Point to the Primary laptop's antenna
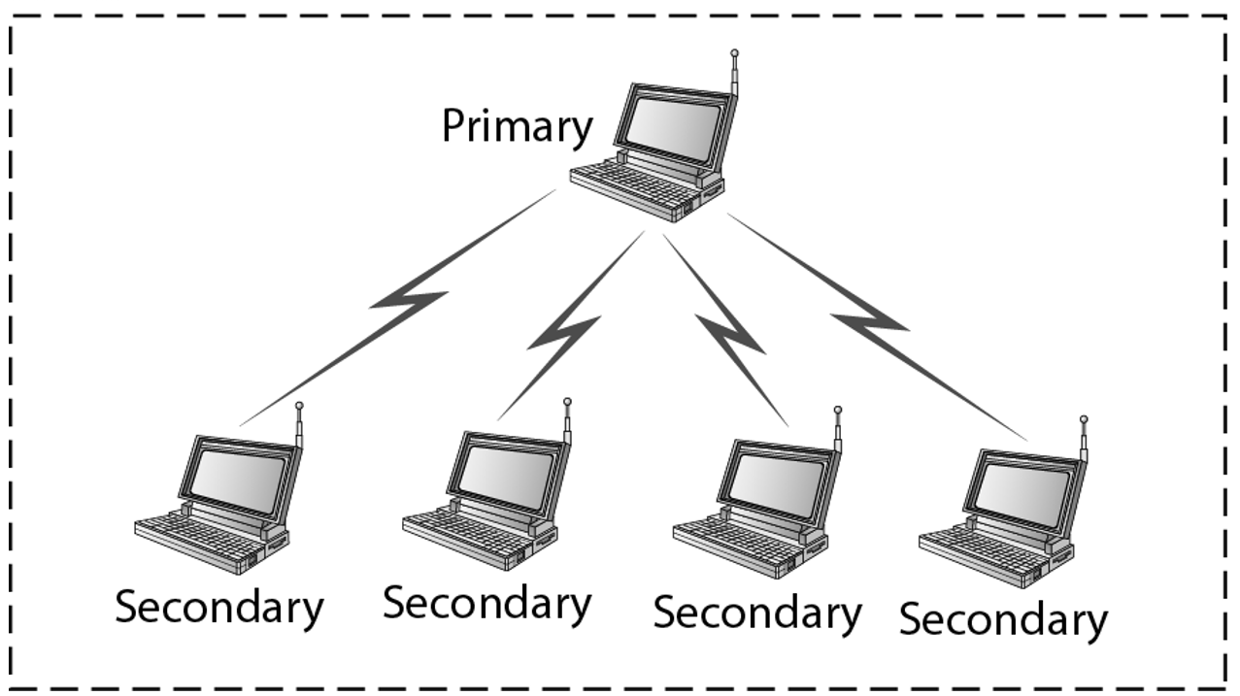pos(735,74)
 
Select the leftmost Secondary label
pos(219,609)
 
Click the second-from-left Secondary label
pos(486,603)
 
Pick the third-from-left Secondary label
pos(757,613)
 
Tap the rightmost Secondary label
pos(1003,619)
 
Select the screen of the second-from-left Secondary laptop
pos(506,472)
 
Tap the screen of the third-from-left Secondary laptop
pos(777,481)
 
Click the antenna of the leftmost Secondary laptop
pos(299,424)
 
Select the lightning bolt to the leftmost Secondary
pos(408,300)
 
